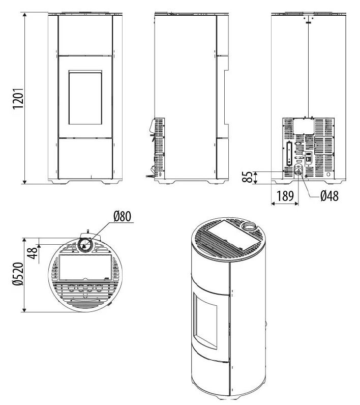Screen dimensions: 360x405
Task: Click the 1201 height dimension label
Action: (x=19, y=99)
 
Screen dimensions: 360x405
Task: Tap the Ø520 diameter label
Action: (x=19, y=274)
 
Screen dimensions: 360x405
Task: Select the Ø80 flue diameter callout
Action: (x=122, y=216)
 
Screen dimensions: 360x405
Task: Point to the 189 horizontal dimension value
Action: (x=285, y=196)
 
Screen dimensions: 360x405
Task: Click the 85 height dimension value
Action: (x=248, y=177)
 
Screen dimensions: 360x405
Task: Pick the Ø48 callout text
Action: (x=329, y=196)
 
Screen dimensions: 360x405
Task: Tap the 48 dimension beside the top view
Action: (x=33, y=254)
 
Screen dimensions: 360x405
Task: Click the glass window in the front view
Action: (x=85, y=98)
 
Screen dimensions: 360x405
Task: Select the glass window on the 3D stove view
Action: (x=205, y=321)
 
